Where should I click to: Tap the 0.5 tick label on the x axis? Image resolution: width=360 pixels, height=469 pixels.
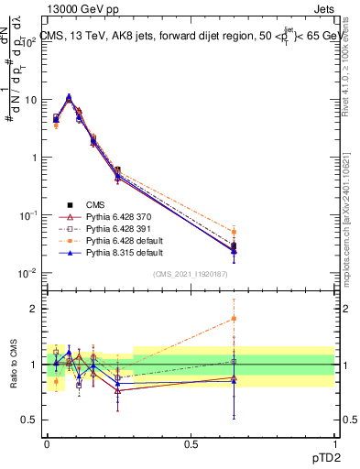191,442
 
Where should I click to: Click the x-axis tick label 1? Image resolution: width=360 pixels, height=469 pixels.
334,442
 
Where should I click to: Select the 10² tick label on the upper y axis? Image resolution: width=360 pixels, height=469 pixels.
33,41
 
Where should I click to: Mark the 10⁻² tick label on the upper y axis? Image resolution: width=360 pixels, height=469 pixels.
31,273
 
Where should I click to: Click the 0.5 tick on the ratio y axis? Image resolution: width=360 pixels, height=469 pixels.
34,420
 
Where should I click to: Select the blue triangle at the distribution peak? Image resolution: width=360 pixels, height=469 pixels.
69,96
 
